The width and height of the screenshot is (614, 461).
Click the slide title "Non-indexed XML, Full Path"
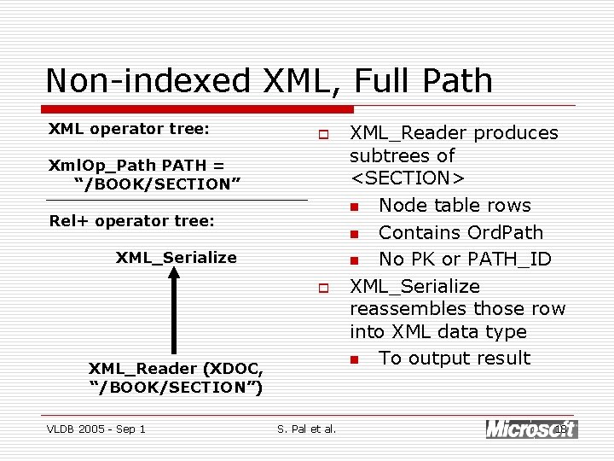tap(269, 80)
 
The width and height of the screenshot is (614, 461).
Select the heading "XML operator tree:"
tap(129, 129)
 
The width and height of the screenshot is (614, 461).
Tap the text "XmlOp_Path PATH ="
tap(136, 166)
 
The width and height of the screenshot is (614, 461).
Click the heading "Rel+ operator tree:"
tap(131, 220)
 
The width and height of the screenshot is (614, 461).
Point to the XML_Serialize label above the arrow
tap(176, 257)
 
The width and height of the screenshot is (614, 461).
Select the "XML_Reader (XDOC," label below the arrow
tap(176, 369)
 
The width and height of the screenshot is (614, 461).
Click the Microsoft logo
tap(530, 429)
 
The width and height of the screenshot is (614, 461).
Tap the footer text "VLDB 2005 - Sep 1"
tap(96, 429)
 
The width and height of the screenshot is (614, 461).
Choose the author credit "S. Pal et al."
tap(306, 429)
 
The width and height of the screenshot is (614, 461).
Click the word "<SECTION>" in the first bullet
tap(407, 178)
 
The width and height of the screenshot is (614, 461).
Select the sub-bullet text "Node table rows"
tap(454, 206)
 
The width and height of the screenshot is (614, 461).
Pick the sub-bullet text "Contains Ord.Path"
tap(460, 233)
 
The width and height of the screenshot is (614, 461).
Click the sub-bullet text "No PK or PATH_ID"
tap(464, 260)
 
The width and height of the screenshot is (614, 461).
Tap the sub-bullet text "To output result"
tap(454, 359)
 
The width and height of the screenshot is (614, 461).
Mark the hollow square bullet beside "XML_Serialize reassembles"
tap(324, 288)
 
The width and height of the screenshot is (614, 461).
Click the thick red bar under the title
tap(197, 109)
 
